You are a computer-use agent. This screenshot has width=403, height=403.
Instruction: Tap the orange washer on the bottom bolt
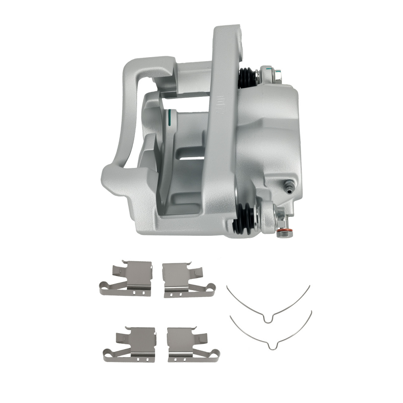pyautogui.click(x=285, y=231)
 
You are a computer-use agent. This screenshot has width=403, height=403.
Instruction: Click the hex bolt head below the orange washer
pyautogui.click(x=285, y=235)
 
